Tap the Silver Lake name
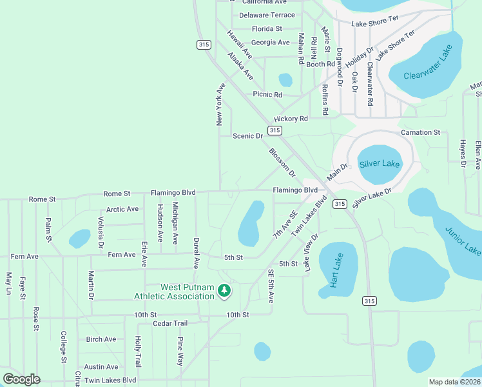click(x=380, y=163)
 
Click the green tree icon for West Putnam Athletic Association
click(x=224, y=292)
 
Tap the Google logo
click(x=21, y=379)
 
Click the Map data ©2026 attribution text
click(x=454, y=382)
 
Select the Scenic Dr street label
click(x=247, y=136)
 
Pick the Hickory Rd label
click(x=291, y=119)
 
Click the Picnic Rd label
click(x=267, y=94)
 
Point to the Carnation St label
click(x=419, y=132)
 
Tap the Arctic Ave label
click(x=122, y=209)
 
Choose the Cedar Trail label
click(x=170, y=323)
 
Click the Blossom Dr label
click(x=282, y=163)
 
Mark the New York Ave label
click(x=220, y=104)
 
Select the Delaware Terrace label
click(x=267, y=15)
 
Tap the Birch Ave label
click(x=101, y=339)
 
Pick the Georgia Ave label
click(x=270, y=43)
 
